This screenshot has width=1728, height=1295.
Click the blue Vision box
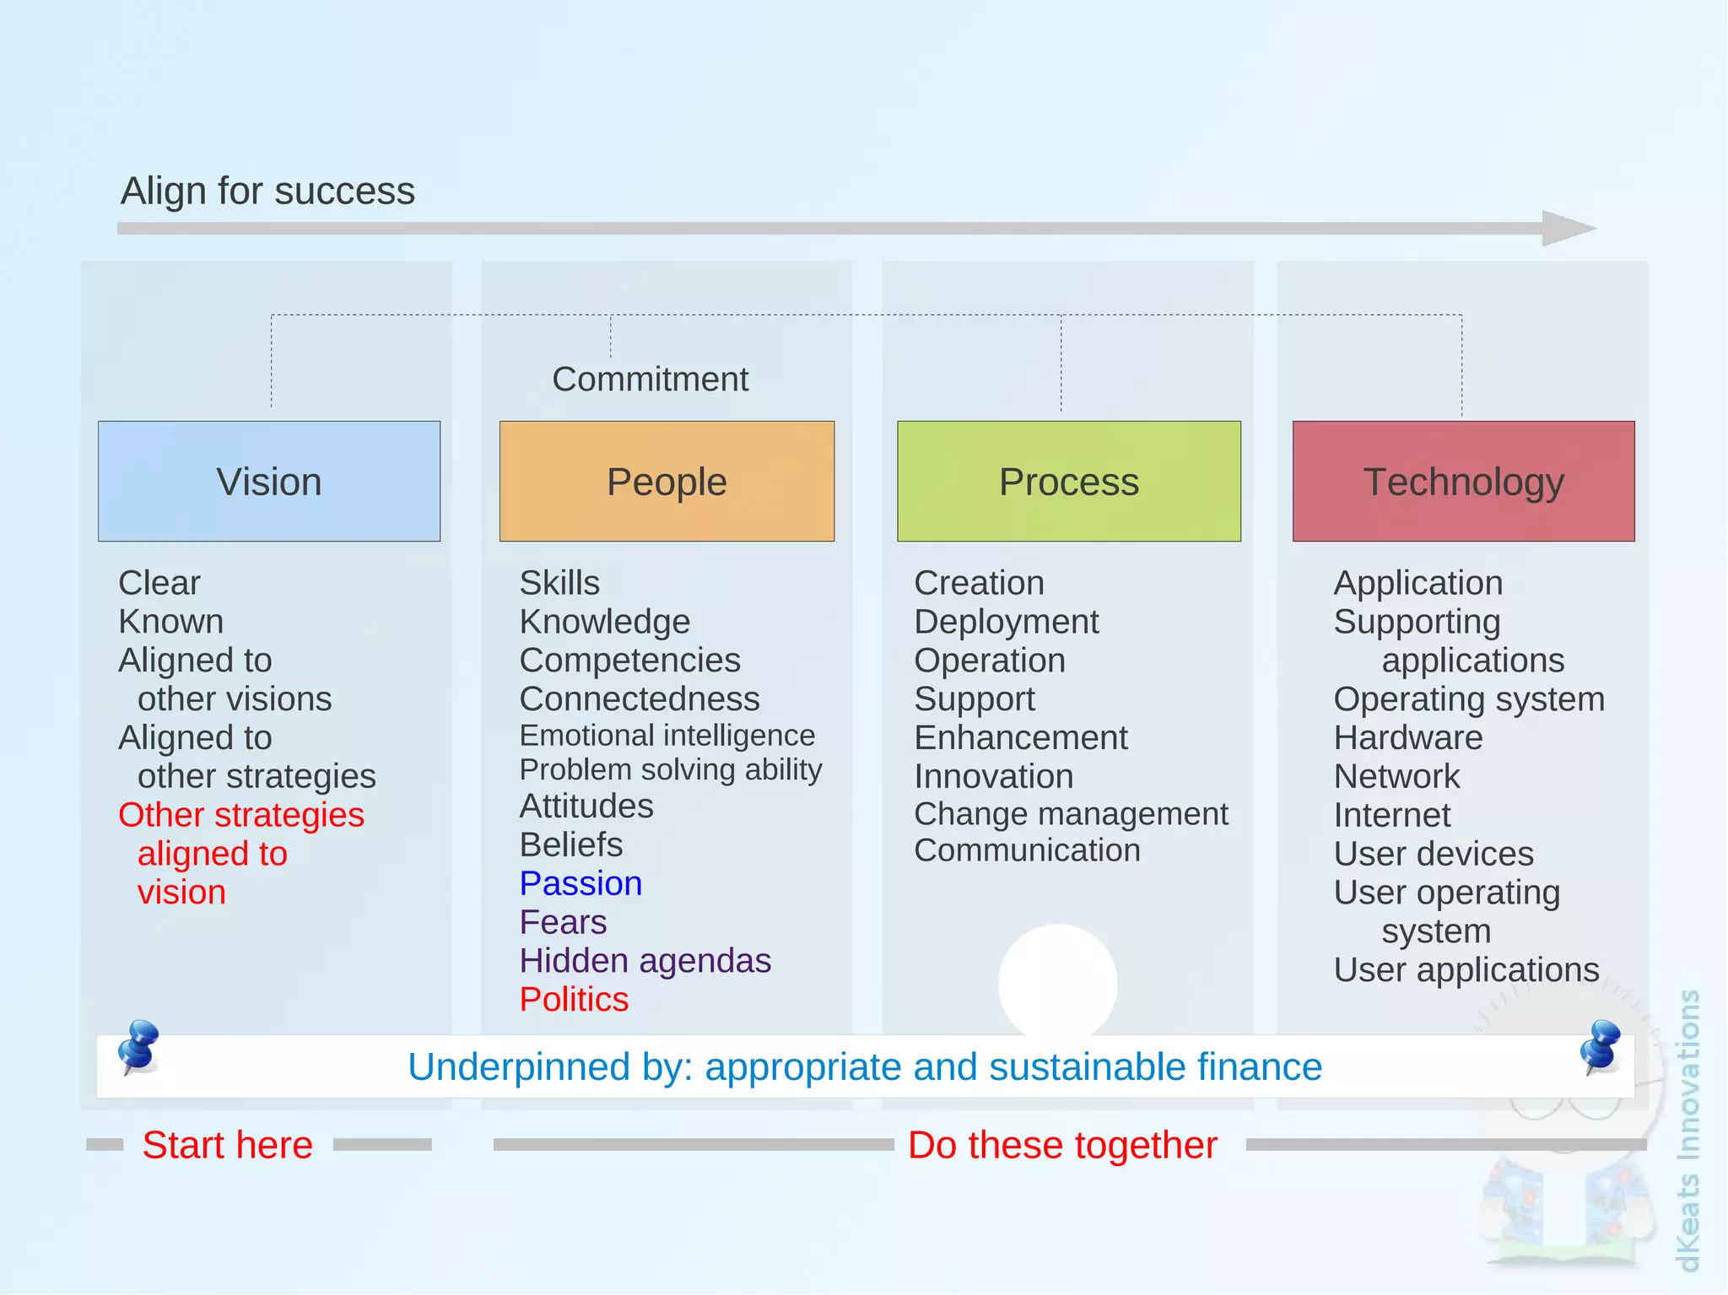coord(269,481)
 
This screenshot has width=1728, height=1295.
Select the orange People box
coord(667,481)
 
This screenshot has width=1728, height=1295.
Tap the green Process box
coord(1068,481)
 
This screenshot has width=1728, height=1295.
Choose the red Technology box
coord(1463,481)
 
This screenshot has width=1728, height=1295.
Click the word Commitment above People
coord(650,379)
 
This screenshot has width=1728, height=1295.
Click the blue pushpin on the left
coord(138,1046)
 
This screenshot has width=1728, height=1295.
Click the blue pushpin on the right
coord(1601,1046)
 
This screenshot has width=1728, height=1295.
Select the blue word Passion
coord(580,883)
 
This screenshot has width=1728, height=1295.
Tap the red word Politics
coord(574,999)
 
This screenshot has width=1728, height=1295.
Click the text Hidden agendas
coord(645,960)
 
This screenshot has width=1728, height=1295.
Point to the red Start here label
coord(228,1145)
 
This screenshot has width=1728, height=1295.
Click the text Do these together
coord(1062,1145)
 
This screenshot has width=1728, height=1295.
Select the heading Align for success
coord(267,191)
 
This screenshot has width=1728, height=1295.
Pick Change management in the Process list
coord(1071,813)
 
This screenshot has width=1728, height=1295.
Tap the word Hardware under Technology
coord(1407,737)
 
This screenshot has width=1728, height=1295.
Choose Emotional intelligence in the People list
coord(667,735)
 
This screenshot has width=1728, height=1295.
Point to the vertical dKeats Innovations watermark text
coord(1687,1130)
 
